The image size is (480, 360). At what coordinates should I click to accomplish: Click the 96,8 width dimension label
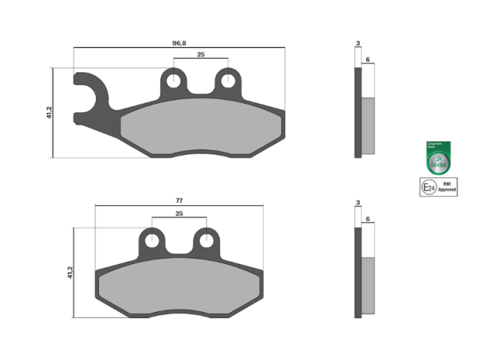(179, 44)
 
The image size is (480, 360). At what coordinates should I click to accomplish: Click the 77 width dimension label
(179, 200)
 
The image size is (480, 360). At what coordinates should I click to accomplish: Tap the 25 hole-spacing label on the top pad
(201, 55)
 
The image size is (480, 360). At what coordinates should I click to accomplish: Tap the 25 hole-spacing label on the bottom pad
(179, 214)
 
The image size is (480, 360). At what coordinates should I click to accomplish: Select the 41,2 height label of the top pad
(49, 113)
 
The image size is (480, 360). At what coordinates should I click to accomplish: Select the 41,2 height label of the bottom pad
(70, 272)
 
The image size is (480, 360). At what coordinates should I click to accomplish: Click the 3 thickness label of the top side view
(358, 44)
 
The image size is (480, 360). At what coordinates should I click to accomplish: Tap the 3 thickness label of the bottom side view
(358, 201)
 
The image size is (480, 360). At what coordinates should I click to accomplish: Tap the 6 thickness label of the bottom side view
(369, 217)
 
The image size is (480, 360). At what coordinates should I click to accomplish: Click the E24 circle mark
(429, 188)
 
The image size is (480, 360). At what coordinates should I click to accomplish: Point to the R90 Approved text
(447, 188)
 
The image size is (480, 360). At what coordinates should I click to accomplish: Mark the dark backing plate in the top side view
(358, 113)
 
